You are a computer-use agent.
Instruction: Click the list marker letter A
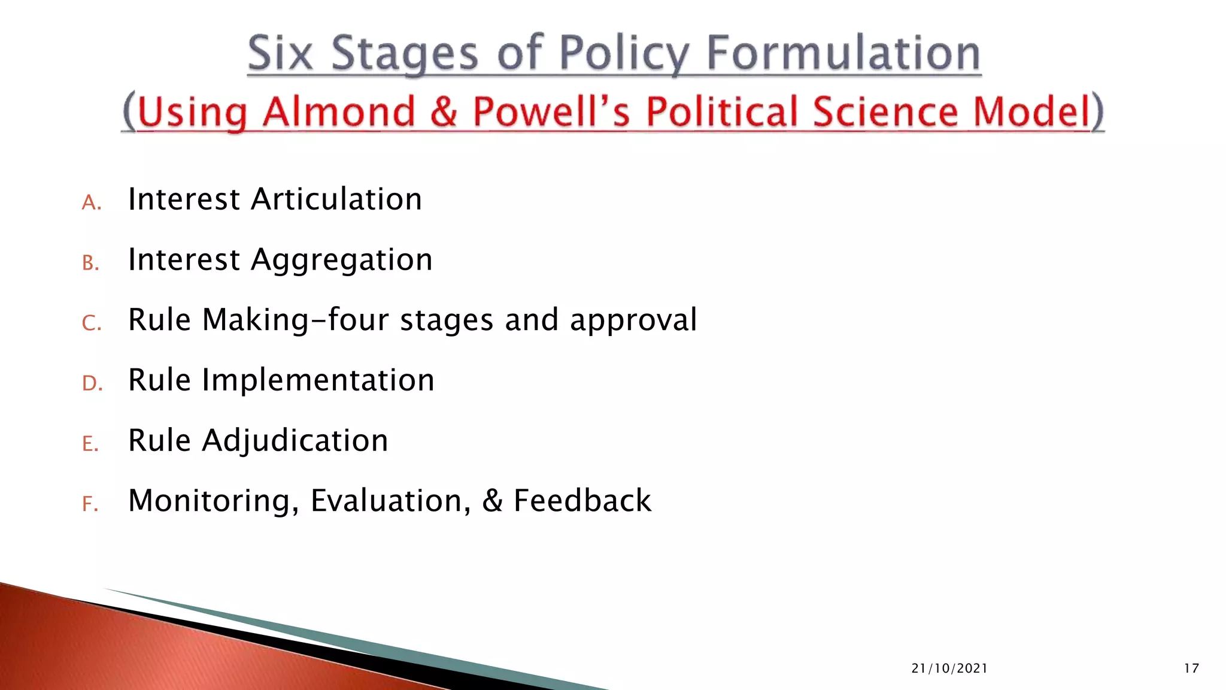click(x=90, y=203)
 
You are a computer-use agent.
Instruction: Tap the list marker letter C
click(x=90, y=323)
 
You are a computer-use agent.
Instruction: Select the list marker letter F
click(x=89, y=504)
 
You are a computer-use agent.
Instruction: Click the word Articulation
click(x=336, y=199)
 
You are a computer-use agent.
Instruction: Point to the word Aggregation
click(x=341, y=260)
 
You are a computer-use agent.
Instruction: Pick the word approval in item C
click(x=633, y=320)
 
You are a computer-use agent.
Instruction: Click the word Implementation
click(x=318, y=380)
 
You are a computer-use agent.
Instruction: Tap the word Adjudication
click(x=295, y=441)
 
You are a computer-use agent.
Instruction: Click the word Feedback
click(x=582, y=501)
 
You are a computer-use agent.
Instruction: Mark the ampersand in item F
click(x=492, y=501)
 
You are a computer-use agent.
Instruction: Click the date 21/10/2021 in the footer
click(x=949, y=668)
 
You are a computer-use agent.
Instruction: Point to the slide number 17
click(x=1191, y=668)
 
